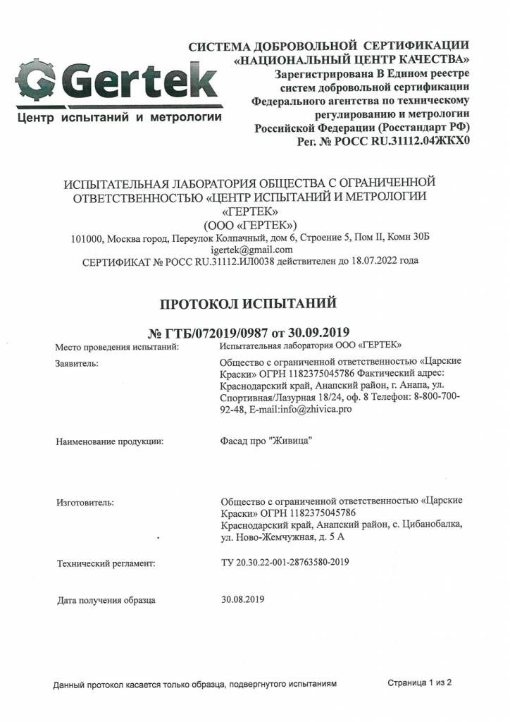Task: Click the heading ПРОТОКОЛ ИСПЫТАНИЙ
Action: [249, 304]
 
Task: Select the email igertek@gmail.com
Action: [251, 250]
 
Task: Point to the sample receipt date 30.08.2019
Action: [242, 600]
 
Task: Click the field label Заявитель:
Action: [77, 363]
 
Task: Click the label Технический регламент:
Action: [106, 563]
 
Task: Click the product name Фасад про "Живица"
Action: [266, 441]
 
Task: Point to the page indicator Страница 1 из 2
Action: [420, 683]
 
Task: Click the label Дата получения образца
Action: [106, 601]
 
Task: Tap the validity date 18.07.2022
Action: [372, 261]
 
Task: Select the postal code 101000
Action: [87, 238]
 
